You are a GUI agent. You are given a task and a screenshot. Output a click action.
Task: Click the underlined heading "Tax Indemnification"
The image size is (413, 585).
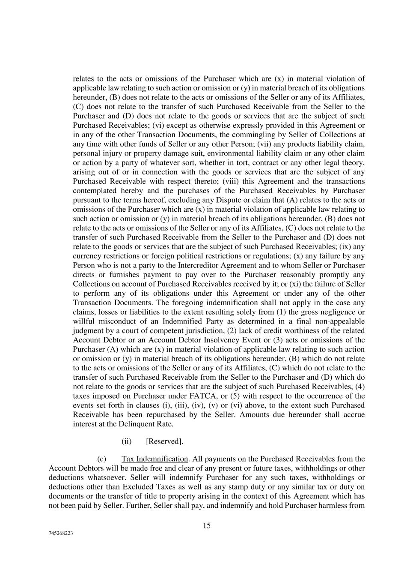click(155, 459)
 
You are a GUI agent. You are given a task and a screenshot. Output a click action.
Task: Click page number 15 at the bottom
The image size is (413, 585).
click(207, 526)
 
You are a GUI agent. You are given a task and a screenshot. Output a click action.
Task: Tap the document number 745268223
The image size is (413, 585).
click(60, 534)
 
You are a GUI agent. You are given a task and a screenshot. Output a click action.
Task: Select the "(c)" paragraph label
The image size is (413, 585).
click(102, 459)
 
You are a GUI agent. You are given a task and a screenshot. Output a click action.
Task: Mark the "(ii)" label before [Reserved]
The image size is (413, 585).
click(127, 441)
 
